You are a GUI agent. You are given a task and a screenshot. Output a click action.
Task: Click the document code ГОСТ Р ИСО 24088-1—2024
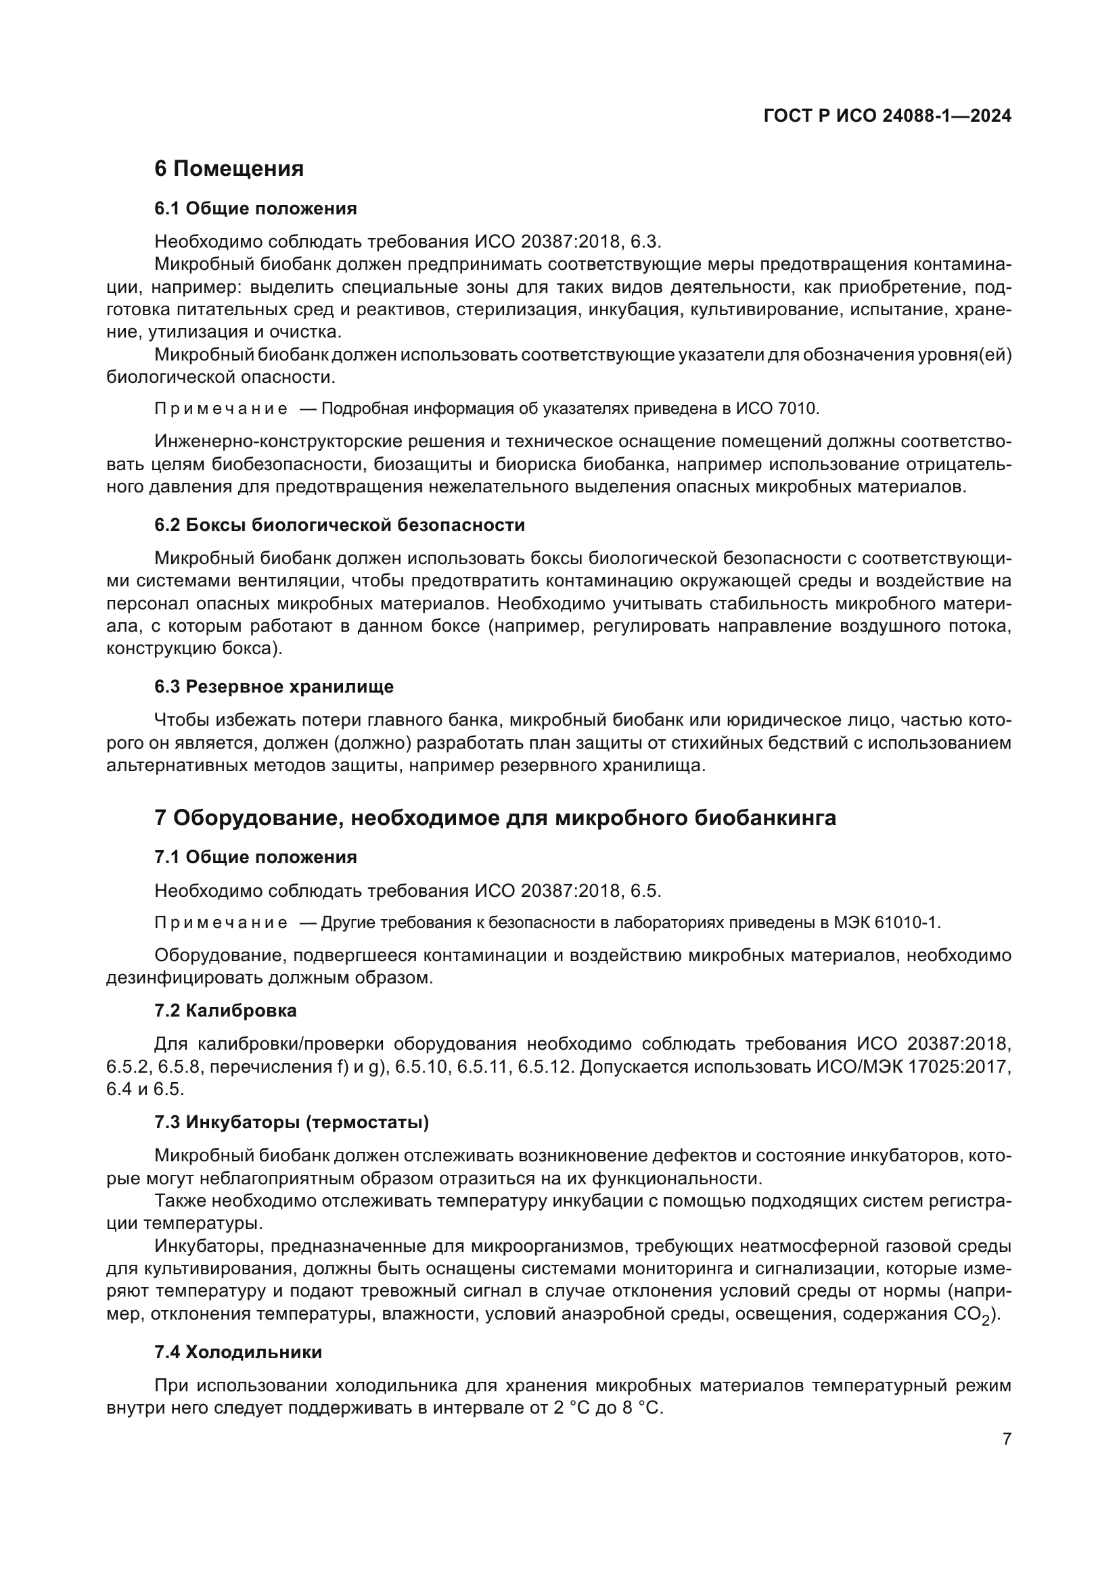click(887, 116)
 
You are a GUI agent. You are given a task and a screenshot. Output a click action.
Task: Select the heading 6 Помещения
click(229, 169)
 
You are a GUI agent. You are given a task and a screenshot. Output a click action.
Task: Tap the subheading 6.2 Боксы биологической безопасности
click(339, 525)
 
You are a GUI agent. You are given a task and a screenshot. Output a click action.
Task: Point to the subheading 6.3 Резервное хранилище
click(273, 687)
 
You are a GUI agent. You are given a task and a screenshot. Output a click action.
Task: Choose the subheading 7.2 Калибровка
click(225, 1010)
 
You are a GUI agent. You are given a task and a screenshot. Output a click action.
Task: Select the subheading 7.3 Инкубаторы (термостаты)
click(292, 1123)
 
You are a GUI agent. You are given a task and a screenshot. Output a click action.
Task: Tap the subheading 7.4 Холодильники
click(237, 1352)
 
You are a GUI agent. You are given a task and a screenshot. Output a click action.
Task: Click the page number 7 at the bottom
click(1007, 1439)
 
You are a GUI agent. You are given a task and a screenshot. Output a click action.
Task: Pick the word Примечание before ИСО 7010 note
click(221, 409)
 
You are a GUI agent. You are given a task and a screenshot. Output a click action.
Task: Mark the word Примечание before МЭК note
click(221, 923)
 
